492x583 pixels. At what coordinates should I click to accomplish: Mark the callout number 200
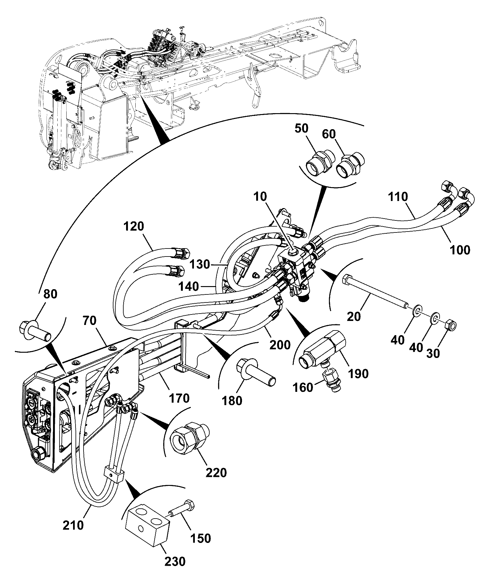(x=280, y=344)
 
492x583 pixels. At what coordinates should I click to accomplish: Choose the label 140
(x=189, y=286)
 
